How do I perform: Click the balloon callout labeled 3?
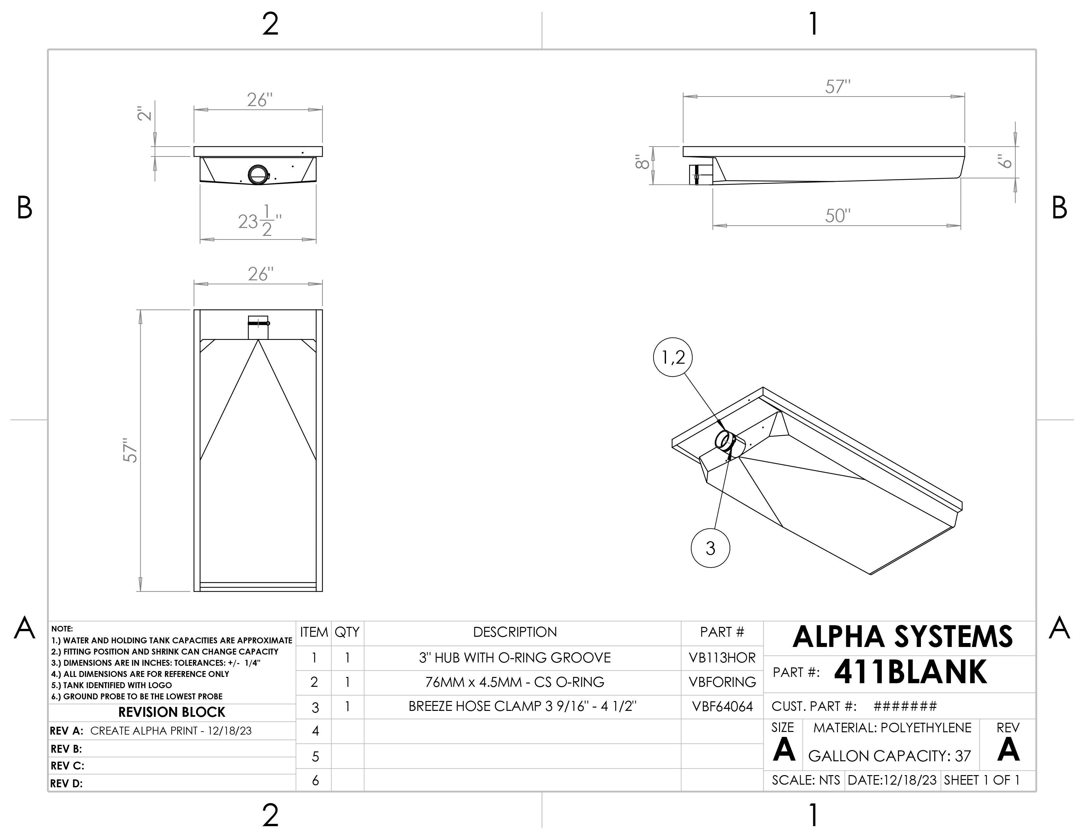(x=710, y=548)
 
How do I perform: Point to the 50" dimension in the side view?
(x=838, y=216)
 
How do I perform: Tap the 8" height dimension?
(x=642, y=162)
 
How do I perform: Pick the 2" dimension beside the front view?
(x=144, y=113)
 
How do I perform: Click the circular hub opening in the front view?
(x=258, y=175)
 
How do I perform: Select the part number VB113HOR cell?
(x=722, y=658)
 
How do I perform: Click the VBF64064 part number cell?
(x=722, y=707)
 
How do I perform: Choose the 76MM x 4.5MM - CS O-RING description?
(x=515, y=682)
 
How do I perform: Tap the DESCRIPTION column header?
(x=515, y=632)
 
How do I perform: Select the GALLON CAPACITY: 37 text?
(x=889, y=756)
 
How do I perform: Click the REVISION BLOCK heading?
(x=172, y=712)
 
